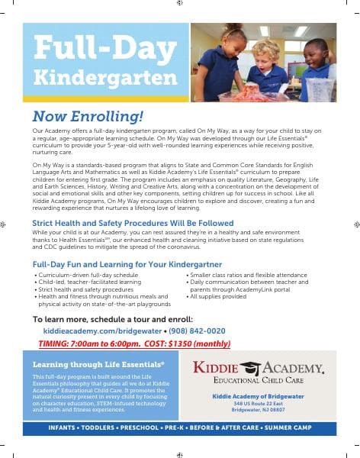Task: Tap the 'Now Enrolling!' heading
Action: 88,117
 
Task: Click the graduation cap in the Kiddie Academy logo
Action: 268,366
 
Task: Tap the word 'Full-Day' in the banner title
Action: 97,49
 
